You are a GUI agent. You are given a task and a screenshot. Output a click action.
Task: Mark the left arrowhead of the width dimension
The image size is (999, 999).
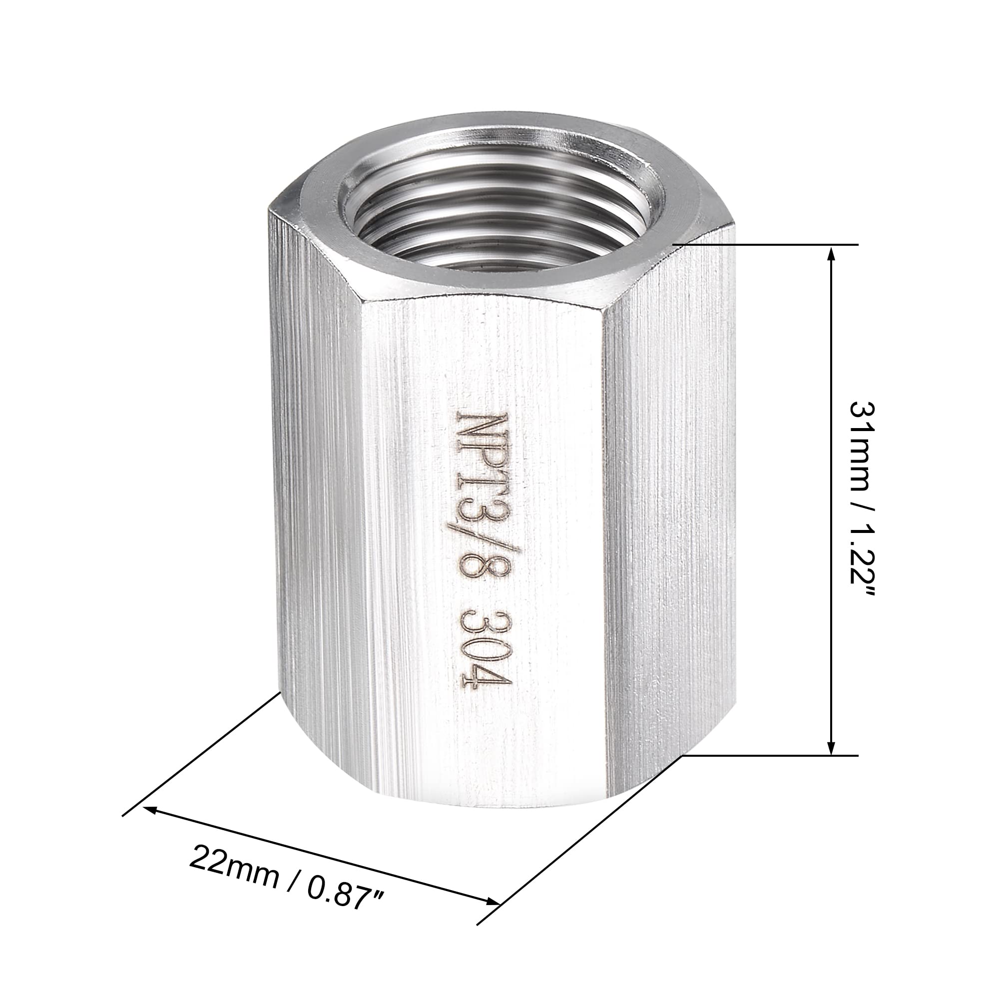pos(151,809)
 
